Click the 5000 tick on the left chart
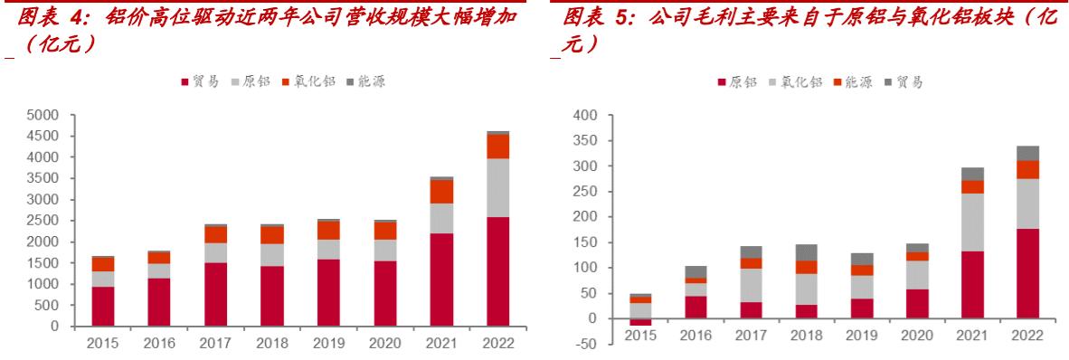(43, 115)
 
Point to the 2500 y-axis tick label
(43, 221)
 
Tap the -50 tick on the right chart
(587, 345)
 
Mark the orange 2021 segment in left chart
(441, 192)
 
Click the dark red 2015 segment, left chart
(103, 306)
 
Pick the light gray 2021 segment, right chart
(973, 223)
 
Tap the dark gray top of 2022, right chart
(1027, 153)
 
